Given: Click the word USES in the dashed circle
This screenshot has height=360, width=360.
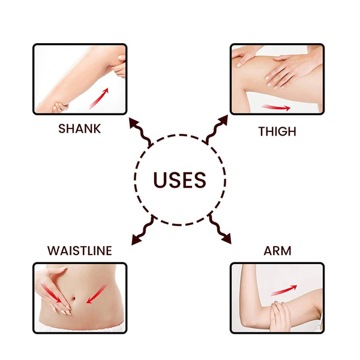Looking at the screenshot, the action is (x=179, y=180).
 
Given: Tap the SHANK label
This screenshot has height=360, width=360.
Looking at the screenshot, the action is (x=79, y=128).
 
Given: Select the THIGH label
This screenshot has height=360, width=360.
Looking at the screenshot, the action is (x=277, y=131).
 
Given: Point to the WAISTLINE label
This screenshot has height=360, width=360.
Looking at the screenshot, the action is (x=80, y=250).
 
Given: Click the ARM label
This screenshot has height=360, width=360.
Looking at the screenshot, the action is (x=277, y=250).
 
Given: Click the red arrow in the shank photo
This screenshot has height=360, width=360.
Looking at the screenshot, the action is (x=99, y=99).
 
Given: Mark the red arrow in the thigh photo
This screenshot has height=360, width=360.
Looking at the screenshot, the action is (x=275, y=107).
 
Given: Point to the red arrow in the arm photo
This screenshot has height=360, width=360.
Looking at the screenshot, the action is (x=284, y=290).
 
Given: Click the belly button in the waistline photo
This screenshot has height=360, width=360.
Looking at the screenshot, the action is (x=73, y=298).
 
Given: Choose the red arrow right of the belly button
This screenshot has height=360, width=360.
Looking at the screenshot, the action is (x=97, y=294).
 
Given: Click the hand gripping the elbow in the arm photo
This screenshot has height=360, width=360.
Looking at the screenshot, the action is (x=278, y=316).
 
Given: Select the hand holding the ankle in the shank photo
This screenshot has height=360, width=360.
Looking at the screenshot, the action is (x=59, y=107).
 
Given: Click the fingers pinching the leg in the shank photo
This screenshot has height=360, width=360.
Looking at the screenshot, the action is (x=120, y=67).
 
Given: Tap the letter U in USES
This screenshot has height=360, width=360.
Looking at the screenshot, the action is (x=160, y=180).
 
